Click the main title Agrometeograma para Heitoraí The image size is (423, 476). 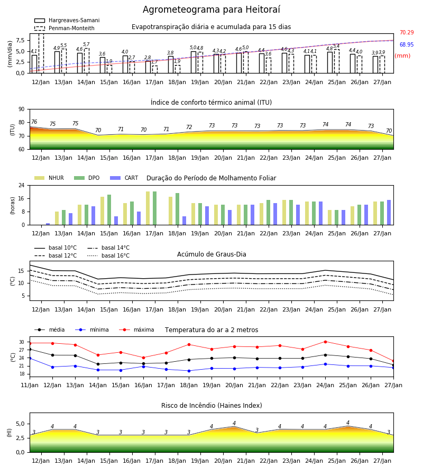211,10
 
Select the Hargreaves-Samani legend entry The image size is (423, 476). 67,20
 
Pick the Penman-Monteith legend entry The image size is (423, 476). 65,28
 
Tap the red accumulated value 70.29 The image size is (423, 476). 407,32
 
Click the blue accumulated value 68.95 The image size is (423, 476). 407,44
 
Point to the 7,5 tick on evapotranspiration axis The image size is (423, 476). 20,40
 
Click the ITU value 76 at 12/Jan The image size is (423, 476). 34,122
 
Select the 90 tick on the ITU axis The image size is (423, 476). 22,109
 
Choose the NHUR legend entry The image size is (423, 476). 49,178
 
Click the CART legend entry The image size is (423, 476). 124,178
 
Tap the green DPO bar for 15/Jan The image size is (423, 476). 109,210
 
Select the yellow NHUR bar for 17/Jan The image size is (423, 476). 148,208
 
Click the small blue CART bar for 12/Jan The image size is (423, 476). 48,224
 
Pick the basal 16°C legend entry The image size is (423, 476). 108,255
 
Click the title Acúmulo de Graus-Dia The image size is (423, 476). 212,254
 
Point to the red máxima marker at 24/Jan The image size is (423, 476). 325,342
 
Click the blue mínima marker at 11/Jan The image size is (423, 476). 30,358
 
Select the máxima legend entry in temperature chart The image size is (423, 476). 136,329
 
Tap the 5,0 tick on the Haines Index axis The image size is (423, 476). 20,424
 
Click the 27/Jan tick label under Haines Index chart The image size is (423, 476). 382,461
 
